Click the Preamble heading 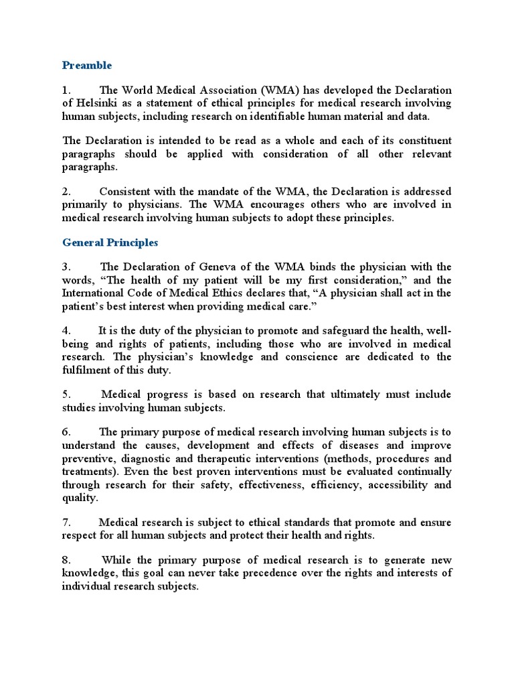87,66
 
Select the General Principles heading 110,243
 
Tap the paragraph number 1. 66,90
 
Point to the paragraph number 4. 66,330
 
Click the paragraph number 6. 66,432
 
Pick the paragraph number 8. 66,560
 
